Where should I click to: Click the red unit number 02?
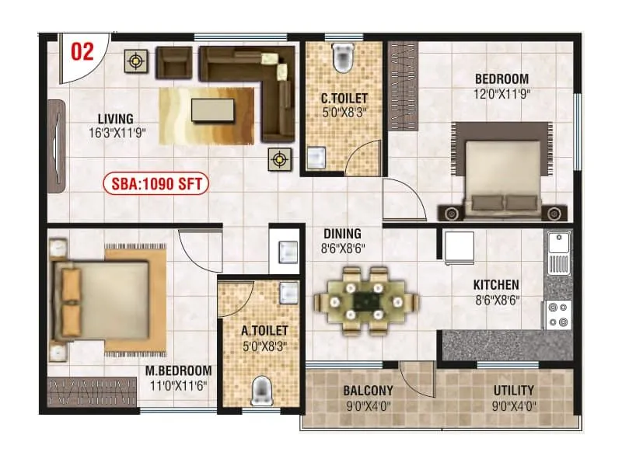tap(82, 51)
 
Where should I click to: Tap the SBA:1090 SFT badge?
tap(155, 185)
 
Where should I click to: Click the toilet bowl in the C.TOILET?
tap(342, 57)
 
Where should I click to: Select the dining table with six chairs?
tap(365, 301)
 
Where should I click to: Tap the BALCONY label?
tap(368, 390)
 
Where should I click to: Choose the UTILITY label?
tap(514, 390)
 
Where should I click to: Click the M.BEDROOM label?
tap(179, 370)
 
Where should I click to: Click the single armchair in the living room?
tap(174, 63)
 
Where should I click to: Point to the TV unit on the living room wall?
tap(57, 145)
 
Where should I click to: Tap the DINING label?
tap(343, 234)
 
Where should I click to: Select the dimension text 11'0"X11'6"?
tap(180, 384)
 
